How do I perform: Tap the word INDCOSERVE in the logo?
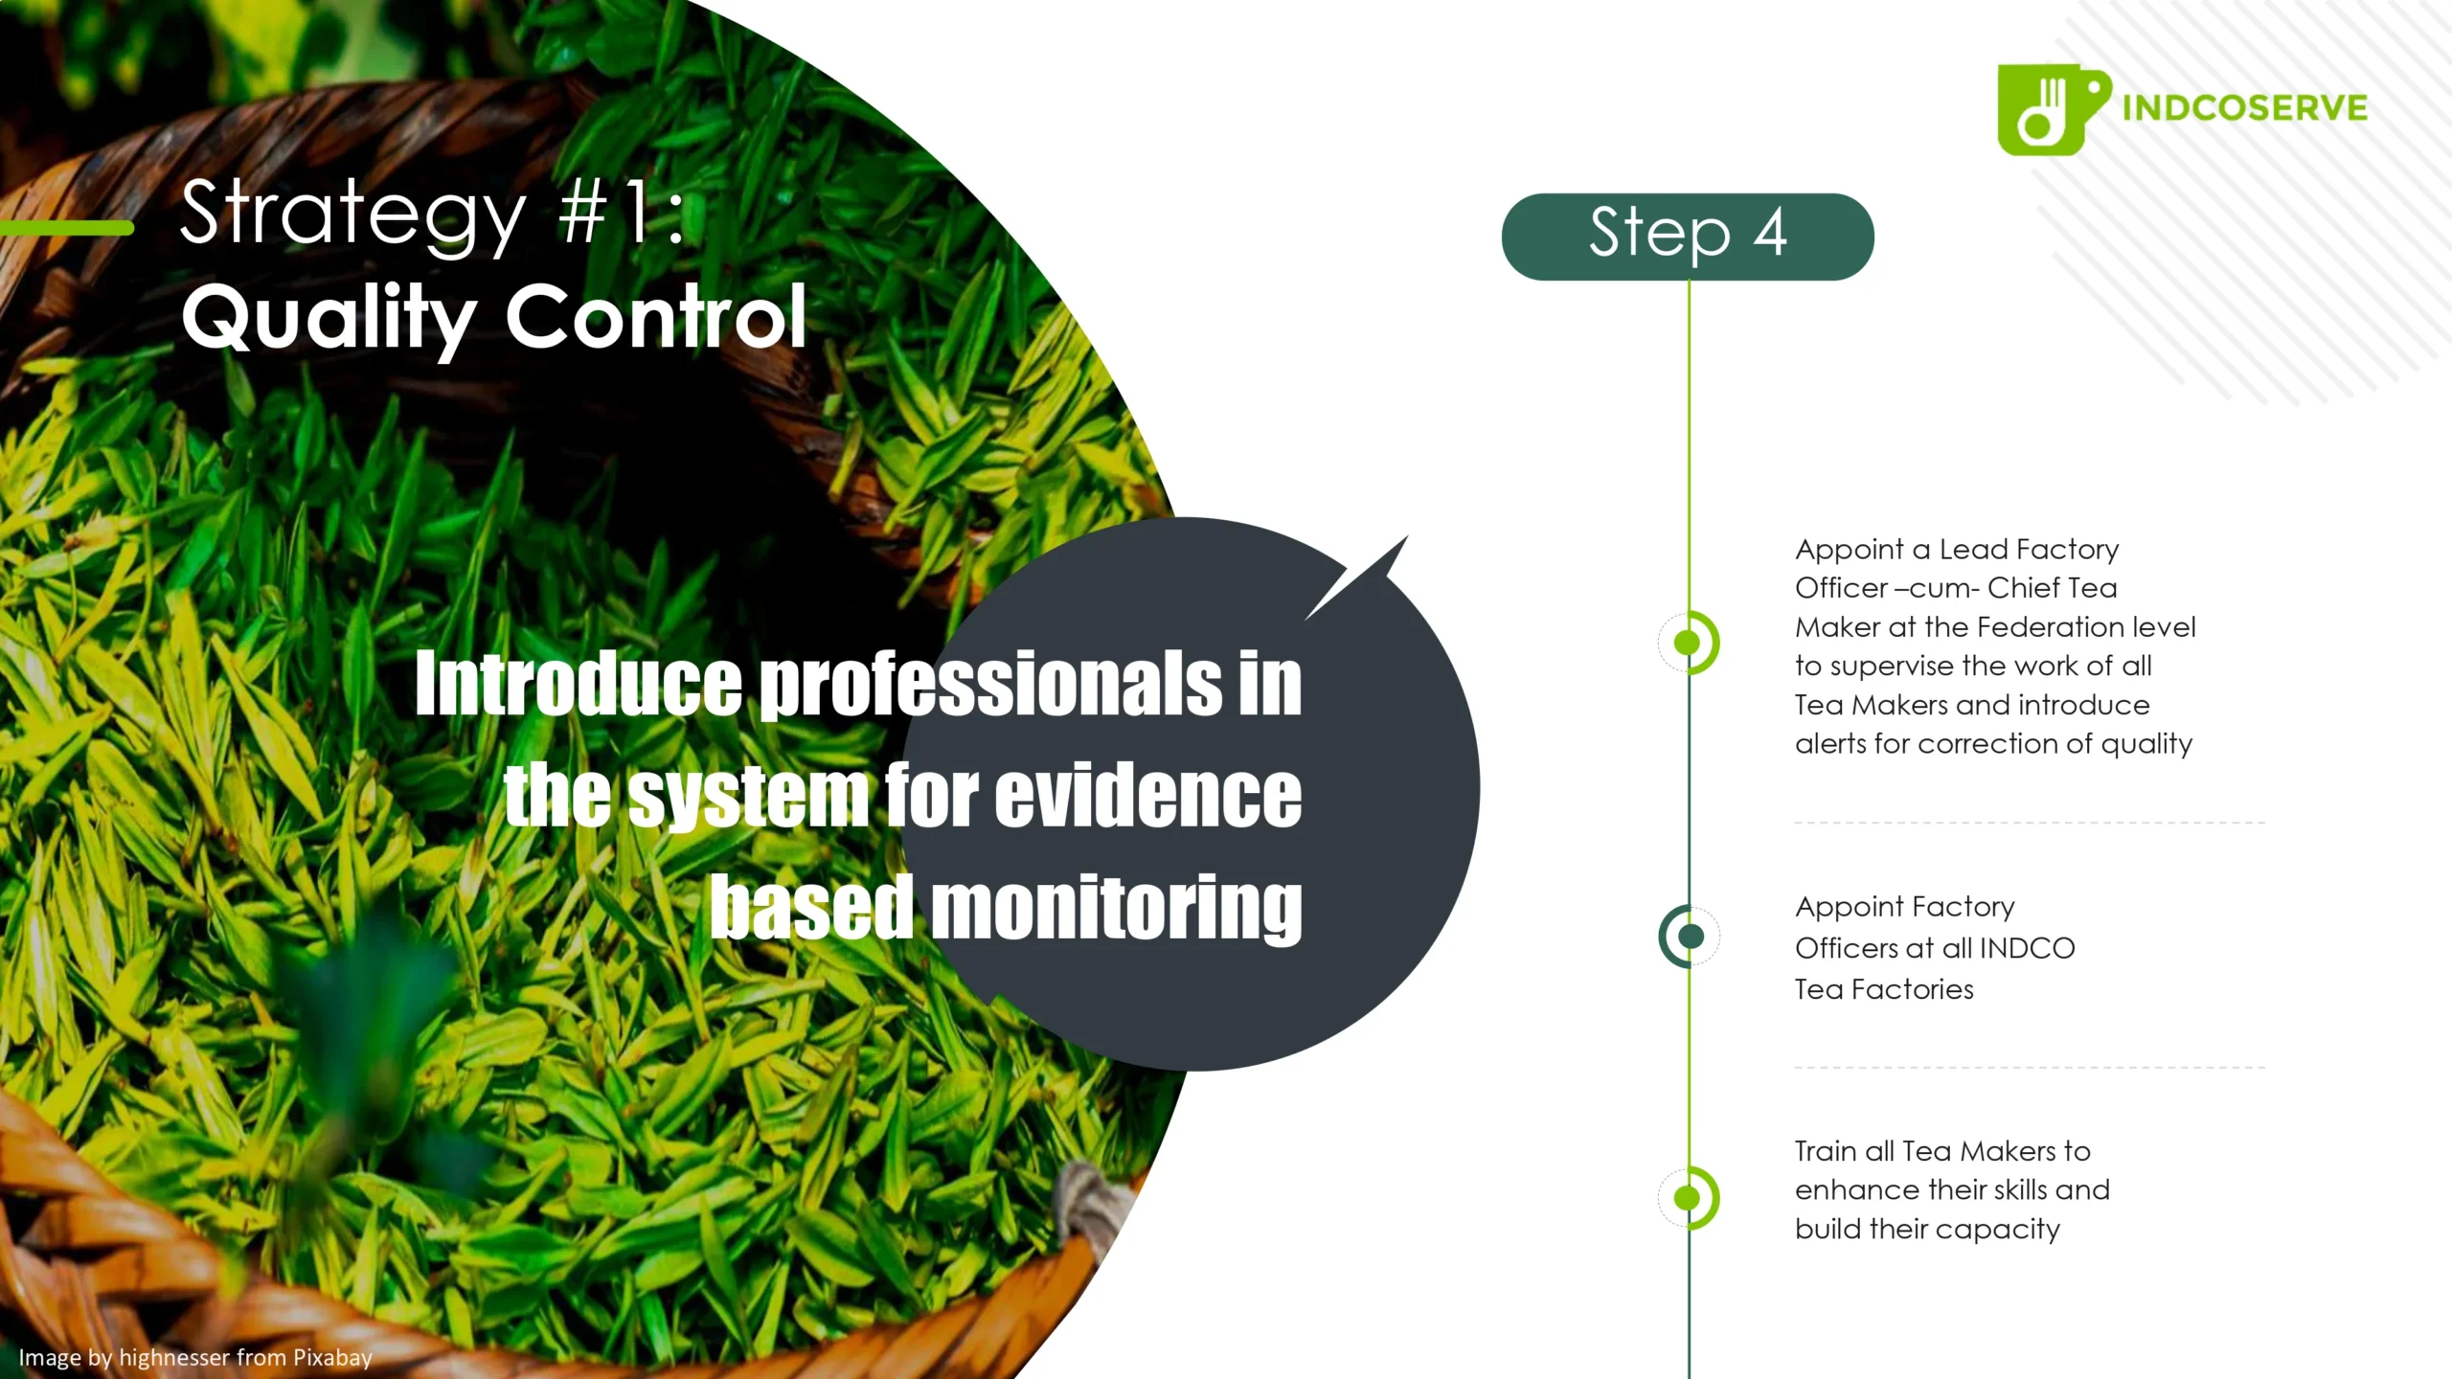click(x=2244, y=108)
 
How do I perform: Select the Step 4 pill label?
click(x=1687, y=236)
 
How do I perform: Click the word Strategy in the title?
click(x=352, y=215)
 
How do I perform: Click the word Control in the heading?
click(x=656, y=316)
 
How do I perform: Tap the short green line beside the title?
click(x=67, y=228)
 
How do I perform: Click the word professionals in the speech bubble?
click(x=991, y=684)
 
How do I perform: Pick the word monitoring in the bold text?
click(x=1116, y=907)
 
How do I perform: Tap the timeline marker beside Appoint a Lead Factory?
click(x=1688, y=643)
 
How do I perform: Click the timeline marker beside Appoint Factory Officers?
click(x=1690, y=936)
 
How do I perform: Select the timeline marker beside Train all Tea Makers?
click(x=1688, y=1197)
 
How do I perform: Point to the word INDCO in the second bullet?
click(x=2027, y=948)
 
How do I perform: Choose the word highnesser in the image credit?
click(x=173, y=1357)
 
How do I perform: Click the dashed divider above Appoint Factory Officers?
click(x=2029, y=823)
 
